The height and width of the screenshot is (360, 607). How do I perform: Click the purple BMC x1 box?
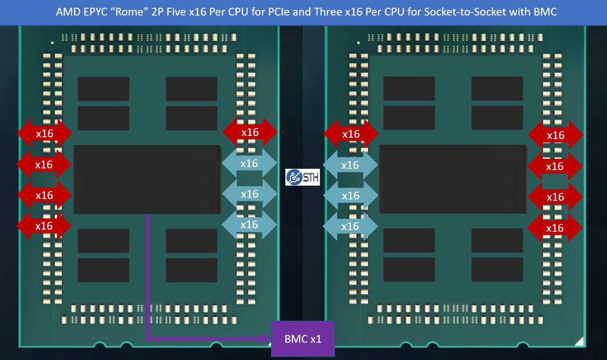(303, 339)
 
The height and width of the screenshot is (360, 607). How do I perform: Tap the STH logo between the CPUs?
(303, 177)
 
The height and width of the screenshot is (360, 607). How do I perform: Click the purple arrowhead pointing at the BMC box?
(266, 339)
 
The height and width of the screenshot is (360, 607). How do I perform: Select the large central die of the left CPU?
(147, 179)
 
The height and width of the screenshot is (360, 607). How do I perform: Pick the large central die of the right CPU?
(452, 179)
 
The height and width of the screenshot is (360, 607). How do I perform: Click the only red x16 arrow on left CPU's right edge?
(250, 132)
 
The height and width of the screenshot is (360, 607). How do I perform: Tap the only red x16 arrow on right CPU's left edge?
(351, 134)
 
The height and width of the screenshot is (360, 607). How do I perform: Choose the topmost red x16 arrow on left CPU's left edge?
(44, 133)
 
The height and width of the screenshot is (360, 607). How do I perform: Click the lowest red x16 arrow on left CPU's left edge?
(44, 226)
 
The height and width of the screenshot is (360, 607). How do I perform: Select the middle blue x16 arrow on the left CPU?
(249, 194)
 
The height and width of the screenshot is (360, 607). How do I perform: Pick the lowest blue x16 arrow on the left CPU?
(249, 224)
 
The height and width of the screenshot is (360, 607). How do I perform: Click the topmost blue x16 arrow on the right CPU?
(350, 165)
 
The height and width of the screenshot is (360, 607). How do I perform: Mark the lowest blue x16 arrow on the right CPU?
(350, 226)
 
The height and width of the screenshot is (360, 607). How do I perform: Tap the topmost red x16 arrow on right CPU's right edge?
(555, 135)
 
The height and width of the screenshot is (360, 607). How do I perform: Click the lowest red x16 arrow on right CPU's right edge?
(555, 227)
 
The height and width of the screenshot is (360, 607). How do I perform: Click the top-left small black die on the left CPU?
(103, 89)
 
